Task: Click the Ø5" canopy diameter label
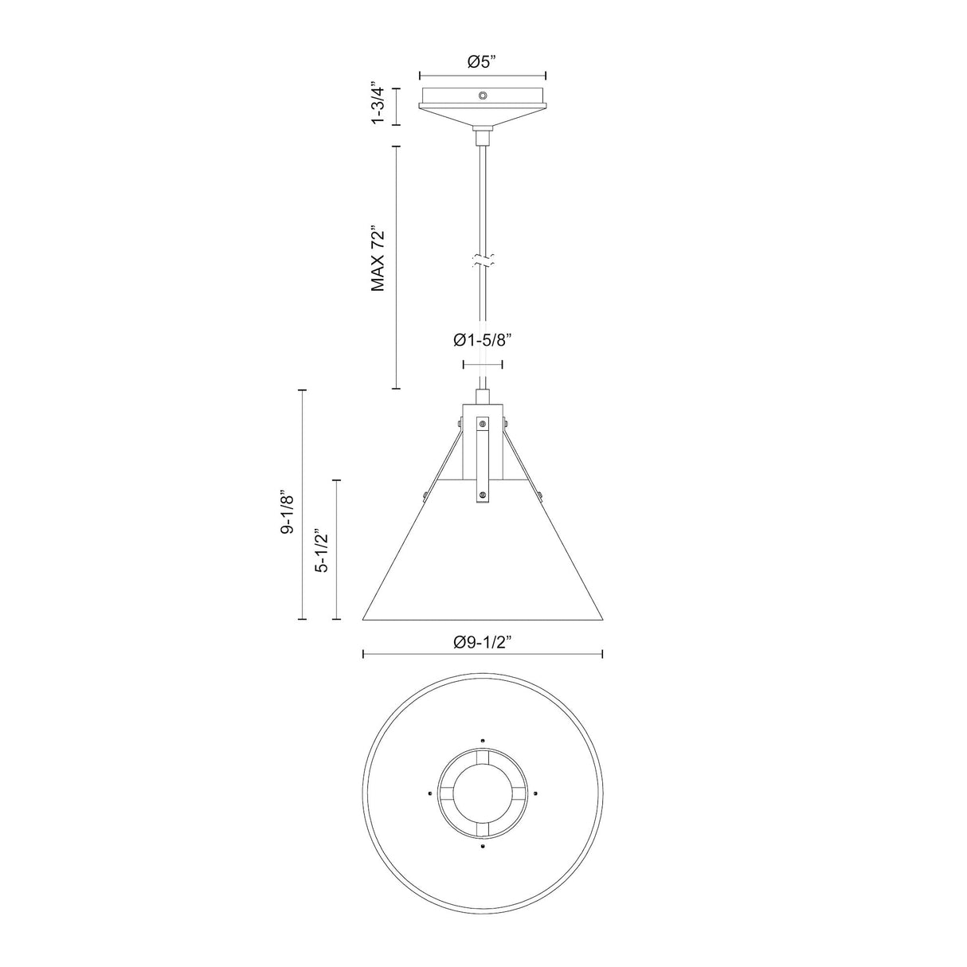point(483,61)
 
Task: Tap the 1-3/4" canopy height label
point(380,104)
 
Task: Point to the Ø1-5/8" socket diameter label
point(482,340)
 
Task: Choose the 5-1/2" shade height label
point(322,550)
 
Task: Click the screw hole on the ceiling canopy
point(483,96)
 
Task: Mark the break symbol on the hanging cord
point(483,260)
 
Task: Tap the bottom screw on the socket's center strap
point(483,496)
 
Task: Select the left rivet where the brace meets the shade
point(425,497)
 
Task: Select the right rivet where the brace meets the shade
point(540,497)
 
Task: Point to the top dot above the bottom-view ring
point(483,737)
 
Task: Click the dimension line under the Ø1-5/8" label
point(483,365)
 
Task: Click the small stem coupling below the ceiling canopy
point(483,138)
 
